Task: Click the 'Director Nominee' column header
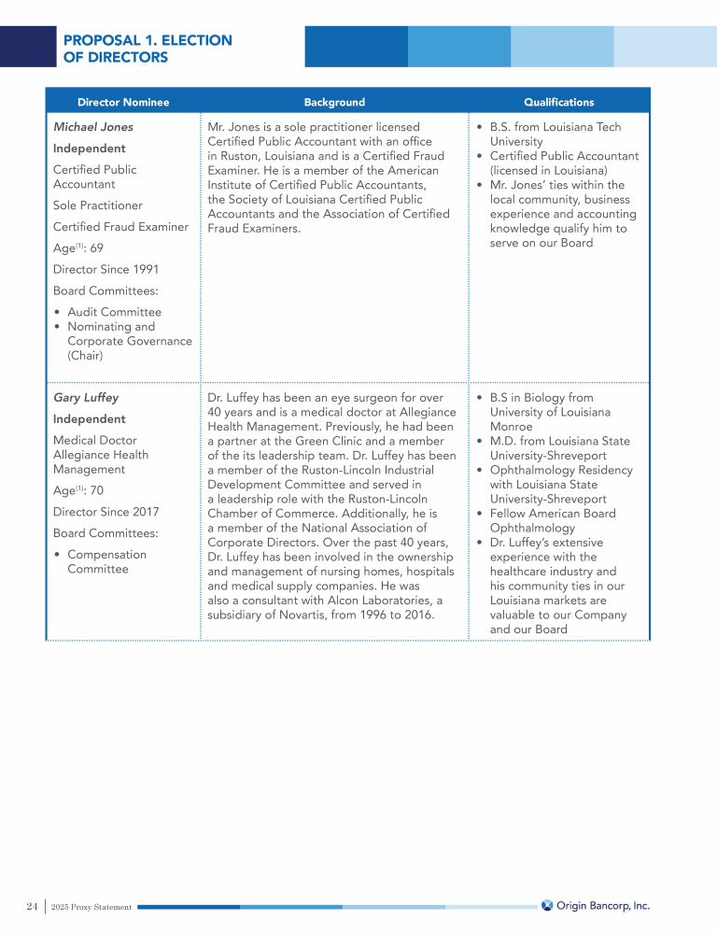[123, 102]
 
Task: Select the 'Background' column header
[334, 102]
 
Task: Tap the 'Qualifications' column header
[558, 102]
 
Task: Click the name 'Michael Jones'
[93, 127]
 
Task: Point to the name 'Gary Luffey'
[86, 398]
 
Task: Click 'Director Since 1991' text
[105, 269]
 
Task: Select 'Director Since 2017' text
[105, 512]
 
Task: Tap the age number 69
[96, 248]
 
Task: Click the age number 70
[96, 490]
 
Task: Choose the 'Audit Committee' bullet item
[114, 312]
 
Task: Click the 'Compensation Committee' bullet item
[105, 561]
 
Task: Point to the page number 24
[32, 906]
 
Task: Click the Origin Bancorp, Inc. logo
[596, 905]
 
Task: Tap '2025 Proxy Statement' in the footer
[91, 907]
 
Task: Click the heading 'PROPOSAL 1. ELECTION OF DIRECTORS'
[148, 49]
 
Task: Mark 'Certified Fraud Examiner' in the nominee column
[120, 227]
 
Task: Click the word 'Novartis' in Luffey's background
[302, 615]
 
